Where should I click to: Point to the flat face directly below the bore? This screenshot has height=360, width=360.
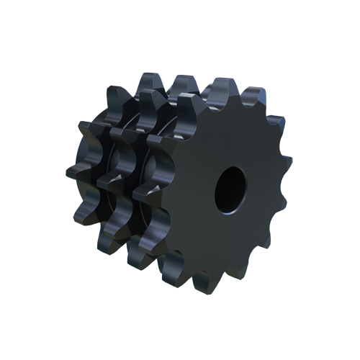point(229,238)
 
